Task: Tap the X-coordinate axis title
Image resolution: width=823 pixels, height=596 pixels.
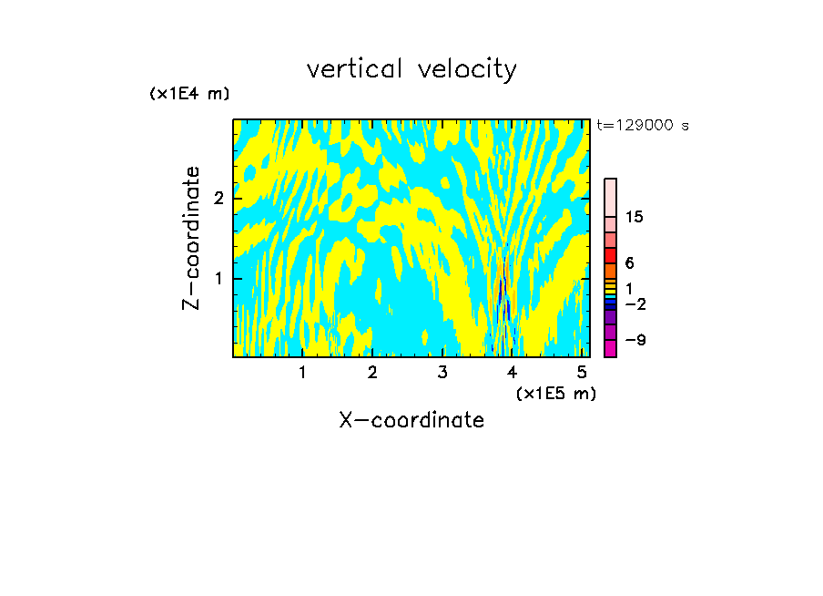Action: tap(411, 420)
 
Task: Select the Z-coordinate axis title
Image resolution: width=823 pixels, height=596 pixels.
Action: tap(191, 238)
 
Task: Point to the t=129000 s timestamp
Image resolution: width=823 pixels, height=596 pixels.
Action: tap(643, 126)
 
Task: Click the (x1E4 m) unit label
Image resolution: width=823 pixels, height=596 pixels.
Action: tap(189, 94)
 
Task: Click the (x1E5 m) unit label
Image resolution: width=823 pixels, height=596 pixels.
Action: tap(555, 393)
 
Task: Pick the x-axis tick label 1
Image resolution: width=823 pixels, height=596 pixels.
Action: tap(302, 373)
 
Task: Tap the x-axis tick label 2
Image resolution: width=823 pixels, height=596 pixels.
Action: tap(372, 373)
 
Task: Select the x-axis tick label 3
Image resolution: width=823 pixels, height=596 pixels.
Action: tap(442, 373)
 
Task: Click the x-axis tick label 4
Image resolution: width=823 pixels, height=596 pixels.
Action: tap(513, 373)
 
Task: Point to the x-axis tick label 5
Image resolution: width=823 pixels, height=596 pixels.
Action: tap(583, 373)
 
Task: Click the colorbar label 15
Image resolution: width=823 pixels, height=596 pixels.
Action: tap(635, 217)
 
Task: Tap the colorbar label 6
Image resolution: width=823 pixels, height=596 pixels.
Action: tap(629, 263)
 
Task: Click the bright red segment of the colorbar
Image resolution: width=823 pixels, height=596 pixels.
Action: tap(610, 255)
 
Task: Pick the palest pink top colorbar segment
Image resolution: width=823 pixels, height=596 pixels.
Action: tap(610, 197)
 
